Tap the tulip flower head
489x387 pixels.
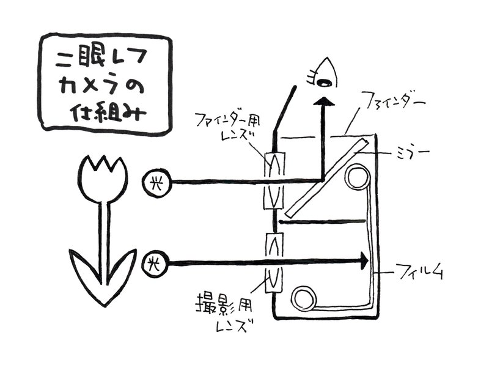(103, 179)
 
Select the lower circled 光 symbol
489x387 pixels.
(155, 265)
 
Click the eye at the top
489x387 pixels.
(325, 74)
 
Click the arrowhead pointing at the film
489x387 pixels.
(364, 261)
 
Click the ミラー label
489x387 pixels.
(413, 153)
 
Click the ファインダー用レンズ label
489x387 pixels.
(227, 127)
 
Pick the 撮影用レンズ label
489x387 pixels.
(224, 312)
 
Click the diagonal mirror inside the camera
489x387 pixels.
(327, 178)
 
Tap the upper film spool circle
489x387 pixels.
(357, 177)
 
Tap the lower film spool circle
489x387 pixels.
(304, 298)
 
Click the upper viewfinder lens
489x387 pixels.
(274, 180)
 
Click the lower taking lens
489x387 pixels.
(273, 262)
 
